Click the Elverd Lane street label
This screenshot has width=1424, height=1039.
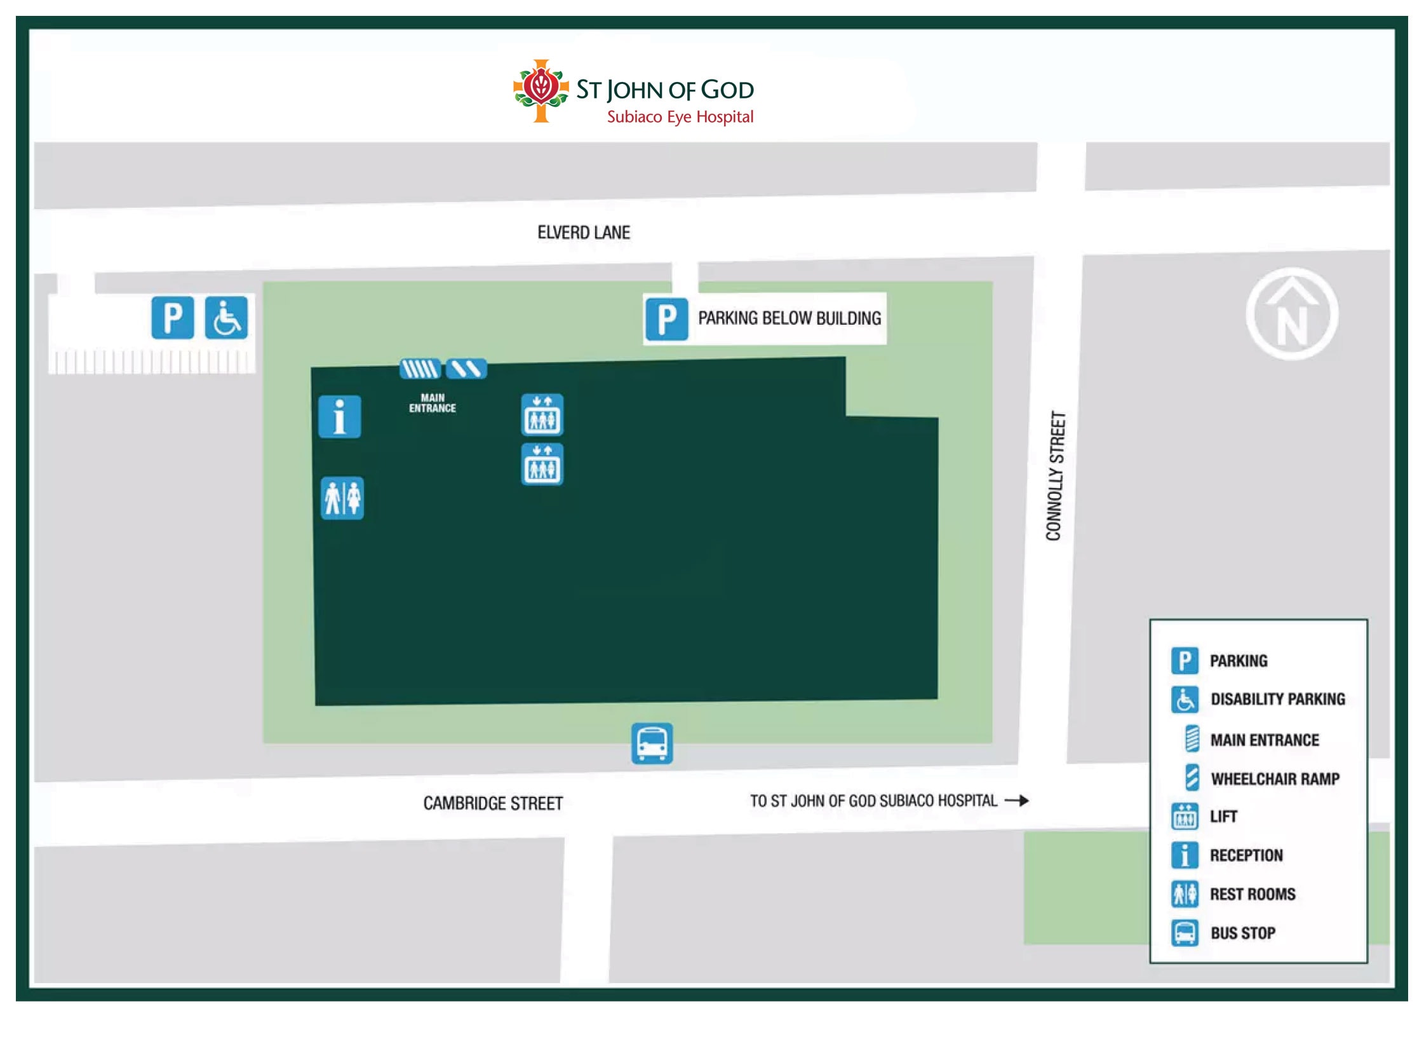click(x=583, y=233)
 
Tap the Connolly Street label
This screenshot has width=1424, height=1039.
click(x=1055, y=475)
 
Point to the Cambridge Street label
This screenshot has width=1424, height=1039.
click(x=493, y=803)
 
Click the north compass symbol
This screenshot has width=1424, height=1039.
click(x=1291, y=314)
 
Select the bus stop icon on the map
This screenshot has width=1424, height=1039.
click(x=652, y=743)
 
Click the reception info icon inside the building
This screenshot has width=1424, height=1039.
click(x=339, y=417)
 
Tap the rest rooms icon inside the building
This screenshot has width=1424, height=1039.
click(x=342, y=498)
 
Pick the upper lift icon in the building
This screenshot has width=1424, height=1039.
click(x=542, y=415)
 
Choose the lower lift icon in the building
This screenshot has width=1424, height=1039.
click(x=542, y=464)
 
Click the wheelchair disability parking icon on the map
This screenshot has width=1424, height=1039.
click(x=226, y=317)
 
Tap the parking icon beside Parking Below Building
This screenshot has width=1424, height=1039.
click(x=666, y=319)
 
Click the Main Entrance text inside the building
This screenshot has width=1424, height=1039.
click(x=432, y=403)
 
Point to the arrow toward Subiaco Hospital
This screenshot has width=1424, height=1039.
click(x=1017, y=801)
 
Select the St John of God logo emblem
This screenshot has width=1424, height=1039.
click(x=541, y=91)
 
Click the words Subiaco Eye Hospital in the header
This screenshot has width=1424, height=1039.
click(x=680, y=117)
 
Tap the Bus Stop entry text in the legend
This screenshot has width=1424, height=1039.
click(x=1242, y=933)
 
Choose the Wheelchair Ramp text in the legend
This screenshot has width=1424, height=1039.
click(x=1275, y=778)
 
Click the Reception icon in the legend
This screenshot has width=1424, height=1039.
click(x=1185, y=855)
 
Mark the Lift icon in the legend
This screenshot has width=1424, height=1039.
click(x=1185, y=817)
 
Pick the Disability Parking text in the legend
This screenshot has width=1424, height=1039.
click(x=1277, y=699)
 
